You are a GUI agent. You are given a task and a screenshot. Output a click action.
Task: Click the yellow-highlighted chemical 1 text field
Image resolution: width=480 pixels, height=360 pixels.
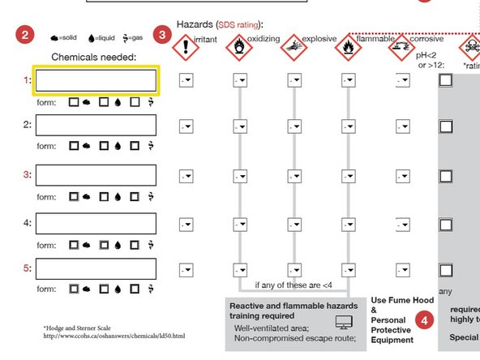click(96, 80)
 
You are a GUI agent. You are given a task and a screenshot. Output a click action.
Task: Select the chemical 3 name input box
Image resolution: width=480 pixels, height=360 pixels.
click(96, 175)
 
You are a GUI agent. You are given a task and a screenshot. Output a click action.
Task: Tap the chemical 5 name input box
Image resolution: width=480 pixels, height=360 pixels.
click(96, 268)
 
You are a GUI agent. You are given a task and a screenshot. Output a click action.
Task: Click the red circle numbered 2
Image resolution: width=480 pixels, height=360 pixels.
click(26, 35)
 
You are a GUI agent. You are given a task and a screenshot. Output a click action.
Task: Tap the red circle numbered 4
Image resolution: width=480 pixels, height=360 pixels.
click(424, 320)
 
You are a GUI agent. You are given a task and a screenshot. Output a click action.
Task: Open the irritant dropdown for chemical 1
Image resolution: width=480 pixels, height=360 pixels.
click(186, 80)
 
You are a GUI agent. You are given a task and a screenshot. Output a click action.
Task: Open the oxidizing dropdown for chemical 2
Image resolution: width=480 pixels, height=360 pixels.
click(240, 126)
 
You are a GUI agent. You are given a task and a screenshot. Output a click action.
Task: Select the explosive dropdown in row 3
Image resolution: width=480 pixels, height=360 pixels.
click(294, 175)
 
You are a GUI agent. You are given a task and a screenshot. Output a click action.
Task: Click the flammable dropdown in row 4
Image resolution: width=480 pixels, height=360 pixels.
click(348, 222)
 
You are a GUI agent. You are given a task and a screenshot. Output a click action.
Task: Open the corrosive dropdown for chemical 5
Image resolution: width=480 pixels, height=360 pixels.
click(402, 268)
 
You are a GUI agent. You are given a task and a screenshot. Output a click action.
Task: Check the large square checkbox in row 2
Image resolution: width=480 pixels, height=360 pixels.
click(445, 126)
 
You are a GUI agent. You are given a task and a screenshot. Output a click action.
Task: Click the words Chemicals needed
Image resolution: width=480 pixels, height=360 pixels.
click(94, 57)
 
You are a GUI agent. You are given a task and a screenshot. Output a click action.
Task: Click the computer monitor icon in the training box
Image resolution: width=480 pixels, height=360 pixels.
click(344, 323)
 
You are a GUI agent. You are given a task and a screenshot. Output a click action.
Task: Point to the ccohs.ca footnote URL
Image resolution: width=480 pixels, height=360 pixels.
click(114, 336)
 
